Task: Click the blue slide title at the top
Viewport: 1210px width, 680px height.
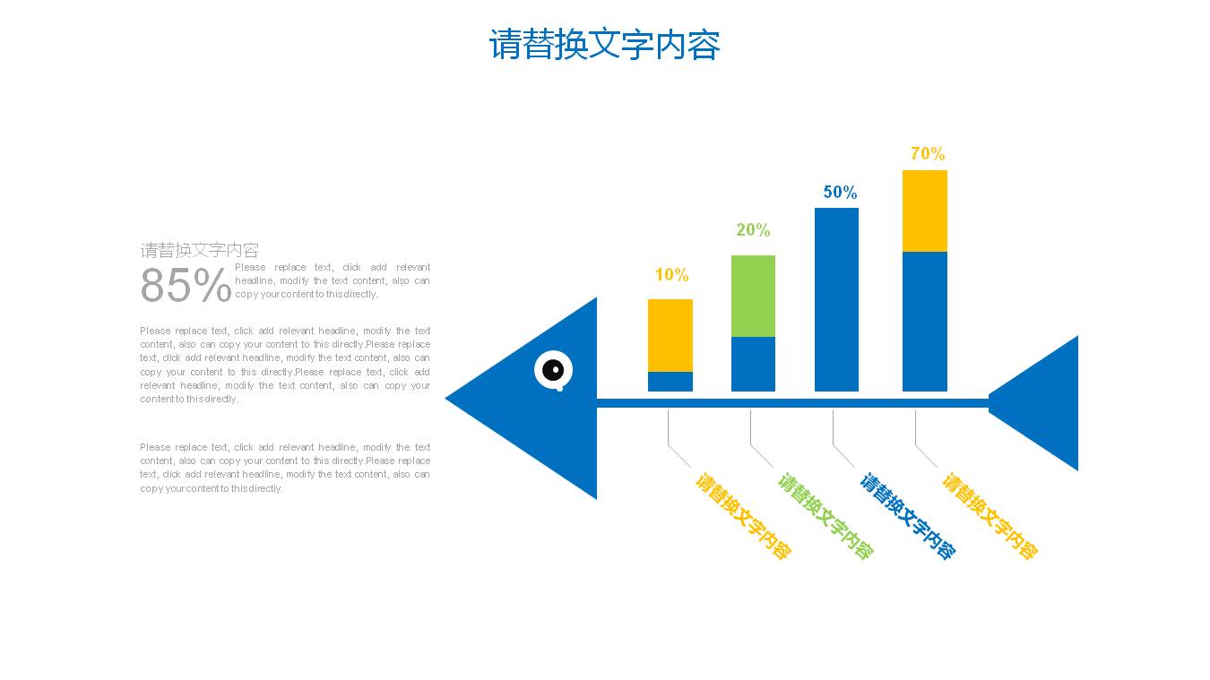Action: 604,45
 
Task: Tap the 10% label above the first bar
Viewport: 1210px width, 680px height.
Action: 671,275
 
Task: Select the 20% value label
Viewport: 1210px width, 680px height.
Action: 753,230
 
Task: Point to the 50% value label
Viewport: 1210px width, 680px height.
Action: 840,193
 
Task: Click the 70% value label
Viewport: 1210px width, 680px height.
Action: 928,154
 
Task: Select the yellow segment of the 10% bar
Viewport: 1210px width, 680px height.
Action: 670,335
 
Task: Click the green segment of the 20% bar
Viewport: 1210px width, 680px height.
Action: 753,296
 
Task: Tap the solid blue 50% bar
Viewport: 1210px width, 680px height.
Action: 836,299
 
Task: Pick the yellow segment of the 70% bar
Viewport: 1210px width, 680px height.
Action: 924,211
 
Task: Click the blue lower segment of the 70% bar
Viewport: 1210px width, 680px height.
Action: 924,321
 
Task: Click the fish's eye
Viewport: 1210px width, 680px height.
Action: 554,369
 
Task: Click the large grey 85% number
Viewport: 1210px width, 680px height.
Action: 186,286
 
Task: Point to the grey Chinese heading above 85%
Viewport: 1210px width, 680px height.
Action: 199,250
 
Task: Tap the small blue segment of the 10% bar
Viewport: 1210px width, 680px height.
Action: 670,382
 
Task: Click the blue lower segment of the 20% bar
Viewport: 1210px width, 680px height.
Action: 753,364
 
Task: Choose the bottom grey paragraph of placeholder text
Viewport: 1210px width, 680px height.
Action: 285,468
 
